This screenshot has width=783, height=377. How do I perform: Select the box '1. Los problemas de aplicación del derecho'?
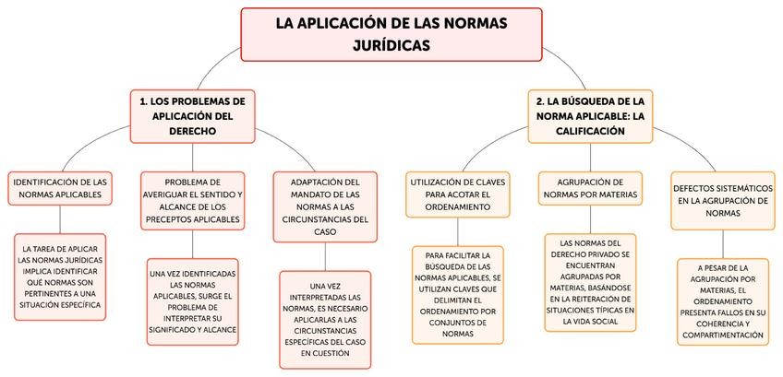pyautogui.click(x=192, y=115)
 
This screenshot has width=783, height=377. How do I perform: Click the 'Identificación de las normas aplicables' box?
pyautogui.click(x=61, y=189)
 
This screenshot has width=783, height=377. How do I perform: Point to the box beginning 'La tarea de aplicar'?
pyautogui.click(x=60, y=277)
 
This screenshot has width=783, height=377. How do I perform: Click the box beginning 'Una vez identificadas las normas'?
pyautogui.click(x=192, y=301)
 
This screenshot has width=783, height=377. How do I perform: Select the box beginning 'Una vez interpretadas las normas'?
pyautogui.click(x=324, y=319)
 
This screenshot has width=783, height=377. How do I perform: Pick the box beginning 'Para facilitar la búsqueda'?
pyautogui.click(x=458, y=293)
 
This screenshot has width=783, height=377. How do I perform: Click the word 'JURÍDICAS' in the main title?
pyautogui.click(x=391, y=43)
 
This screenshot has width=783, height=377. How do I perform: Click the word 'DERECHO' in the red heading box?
pyautogui.click(x=192, y=132)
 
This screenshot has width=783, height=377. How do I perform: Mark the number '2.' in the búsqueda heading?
pyautogui.click(x=541, y=100)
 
